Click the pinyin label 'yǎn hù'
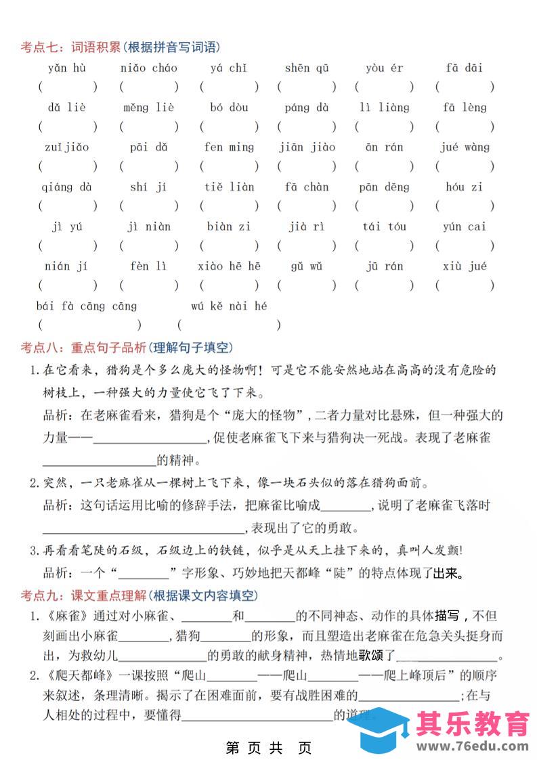[x=67, y=68]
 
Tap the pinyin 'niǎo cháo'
[x=148, y=68]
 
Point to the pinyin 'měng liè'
[x=148, y=108]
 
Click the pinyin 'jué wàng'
[x=465, y=147]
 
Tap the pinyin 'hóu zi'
[x=465, y=187]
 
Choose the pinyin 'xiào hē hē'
[x=229, y=266]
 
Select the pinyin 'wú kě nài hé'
[x=229, y=306]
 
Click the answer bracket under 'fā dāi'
[x=465, y=87]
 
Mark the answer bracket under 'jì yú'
[x=67, y=245]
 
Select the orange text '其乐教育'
[x=472, y=722]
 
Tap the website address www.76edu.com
[x=472, y=746]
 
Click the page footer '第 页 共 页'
[x=269, y=748]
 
